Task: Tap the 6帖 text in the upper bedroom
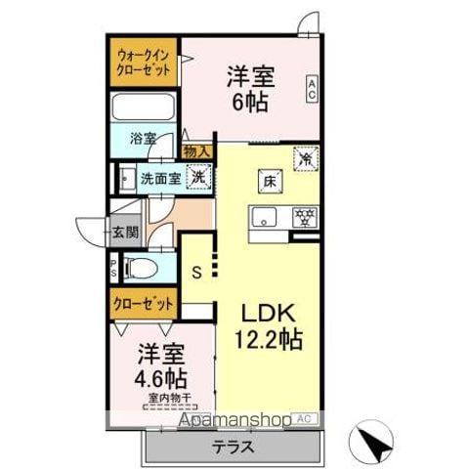248,102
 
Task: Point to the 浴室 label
144,139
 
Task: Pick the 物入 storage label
196,150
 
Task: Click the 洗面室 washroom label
159,179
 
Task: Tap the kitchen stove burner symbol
304,216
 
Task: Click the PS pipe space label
113,266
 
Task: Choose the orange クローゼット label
142,304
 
